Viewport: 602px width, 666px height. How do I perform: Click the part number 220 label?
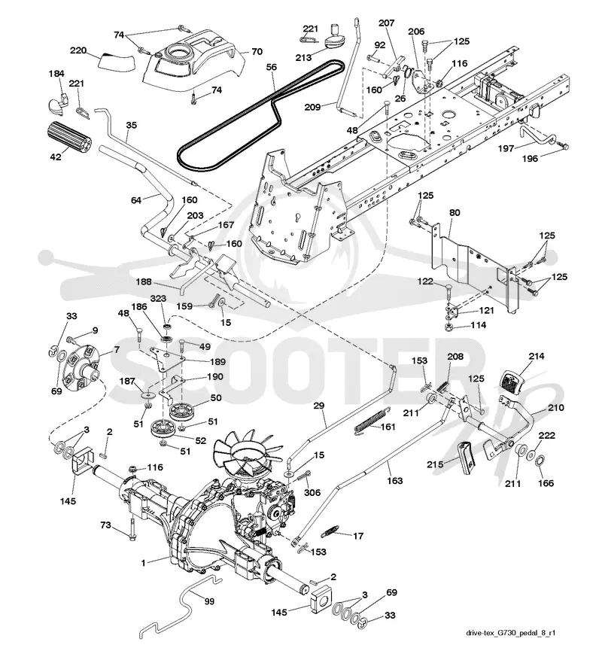[78, 51]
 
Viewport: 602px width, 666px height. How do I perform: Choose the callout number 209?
[313, 107]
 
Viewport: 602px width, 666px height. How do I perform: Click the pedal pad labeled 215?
[467, 457]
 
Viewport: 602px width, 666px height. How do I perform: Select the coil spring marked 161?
[370, 421]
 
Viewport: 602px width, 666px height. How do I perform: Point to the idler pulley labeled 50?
[181, 410]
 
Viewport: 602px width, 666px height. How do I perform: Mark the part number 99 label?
[209, 601]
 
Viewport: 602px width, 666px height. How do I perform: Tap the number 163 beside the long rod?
[394, 480]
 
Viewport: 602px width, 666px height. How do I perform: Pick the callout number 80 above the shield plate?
[455, 212]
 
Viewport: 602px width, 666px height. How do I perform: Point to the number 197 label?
[506, 148]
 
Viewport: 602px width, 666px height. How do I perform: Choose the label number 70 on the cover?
[257, 52]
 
